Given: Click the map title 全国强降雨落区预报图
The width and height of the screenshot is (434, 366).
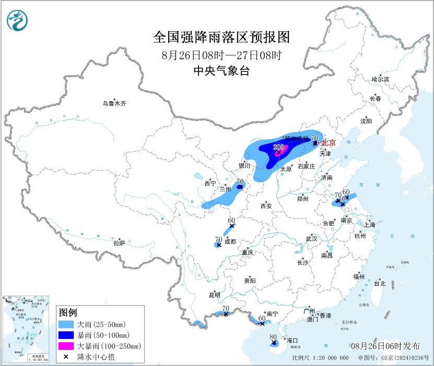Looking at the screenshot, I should (221, 38).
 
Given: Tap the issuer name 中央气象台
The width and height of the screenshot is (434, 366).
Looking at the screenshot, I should (221, 71).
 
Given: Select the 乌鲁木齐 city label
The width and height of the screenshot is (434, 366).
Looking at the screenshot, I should (114, 104).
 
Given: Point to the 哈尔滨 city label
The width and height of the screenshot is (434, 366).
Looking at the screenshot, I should (380, 79).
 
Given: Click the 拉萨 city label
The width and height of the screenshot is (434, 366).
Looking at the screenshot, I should (119, 243).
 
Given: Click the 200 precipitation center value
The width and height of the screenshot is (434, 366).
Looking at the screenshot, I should (278, 147).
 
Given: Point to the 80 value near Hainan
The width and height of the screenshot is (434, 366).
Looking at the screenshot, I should (273, 337).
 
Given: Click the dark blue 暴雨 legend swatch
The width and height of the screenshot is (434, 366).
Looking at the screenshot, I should (66, 335).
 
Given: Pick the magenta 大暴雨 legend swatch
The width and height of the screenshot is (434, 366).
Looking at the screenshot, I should (66, 346).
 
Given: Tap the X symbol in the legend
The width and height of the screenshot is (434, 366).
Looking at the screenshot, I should (66, 357).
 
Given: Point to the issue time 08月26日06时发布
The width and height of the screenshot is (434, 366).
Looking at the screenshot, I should (385, 346).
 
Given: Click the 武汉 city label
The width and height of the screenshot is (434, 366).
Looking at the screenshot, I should (312, 238).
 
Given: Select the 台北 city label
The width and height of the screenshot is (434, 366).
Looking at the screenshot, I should (379, 284).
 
